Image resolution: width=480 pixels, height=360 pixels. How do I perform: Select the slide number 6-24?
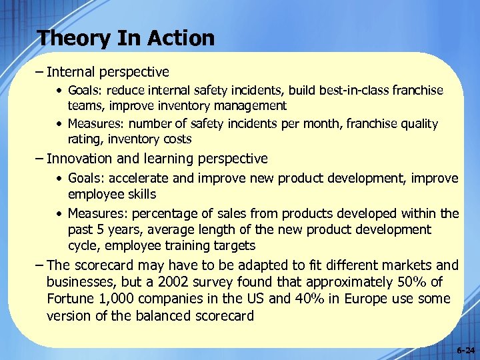(x=466, y=350)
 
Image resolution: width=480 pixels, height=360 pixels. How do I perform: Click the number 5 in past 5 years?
(x=99, y=229)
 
